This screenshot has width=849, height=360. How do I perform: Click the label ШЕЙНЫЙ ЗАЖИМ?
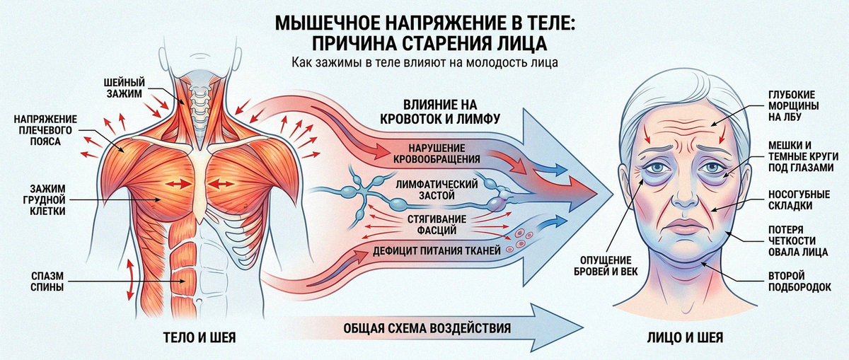tap(125, 88)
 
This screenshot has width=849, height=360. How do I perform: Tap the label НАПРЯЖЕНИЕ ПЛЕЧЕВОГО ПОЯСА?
tap(45, 130)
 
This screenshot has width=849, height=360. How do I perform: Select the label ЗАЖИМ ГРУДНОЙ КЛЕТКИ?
tap(48, 199)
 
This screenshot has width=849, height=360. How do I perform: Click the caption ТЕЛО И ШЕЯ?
tap(200, 337)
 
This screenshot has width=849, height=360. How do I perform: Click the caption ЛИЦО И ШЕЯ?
tap(685, 337)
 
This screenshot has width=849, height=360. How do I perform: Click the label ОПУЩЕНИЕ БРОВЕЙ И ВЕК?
tap(606, 266)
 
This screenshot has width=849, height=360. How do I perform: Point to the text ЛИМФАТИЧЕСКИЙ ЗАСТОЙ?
tap(437, 190)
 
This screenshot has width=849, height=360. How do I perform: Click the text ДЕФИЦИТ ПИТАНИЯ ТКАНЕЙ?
tap(437, 250)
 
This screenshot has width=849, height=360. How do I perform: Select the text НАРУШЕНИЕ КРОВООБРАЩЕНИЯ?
tap(437, 153)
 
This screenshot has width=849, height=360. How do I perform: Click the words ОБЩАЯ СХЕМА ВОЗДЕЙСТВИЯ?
tap(427, 328)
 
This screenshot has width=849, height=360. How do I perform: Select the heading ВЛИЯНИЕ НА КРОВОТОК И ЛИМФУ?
tap(439, 112)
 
